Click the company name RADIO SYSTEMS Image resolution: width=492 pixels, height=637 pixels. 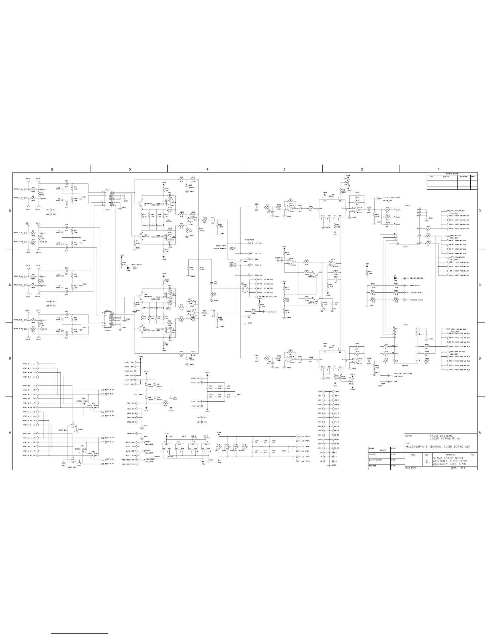point(441,436)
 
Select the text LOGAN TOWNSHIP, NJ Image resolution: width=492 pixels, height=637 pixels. point(441,439)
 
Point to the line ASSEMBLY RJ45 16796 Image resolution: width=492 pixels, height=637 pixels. point(448,464)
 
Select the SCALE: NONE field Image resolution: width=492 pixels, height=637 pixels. point(412,468)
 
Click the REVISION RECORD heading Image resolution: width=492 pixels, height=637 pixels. point(452,173)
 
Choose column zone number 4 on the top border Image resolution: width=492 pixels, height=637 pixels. point(207,169)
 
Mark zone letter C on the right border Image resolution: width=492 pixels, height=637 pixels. point(480,285)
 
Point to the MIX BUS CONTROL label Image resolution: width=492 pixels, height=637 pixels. point(416,278)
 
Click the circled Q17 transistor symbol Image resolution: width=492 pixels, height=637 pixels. point(243,288)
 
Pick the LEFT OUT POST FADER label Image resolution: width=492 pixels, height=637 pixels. point(392,198)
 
